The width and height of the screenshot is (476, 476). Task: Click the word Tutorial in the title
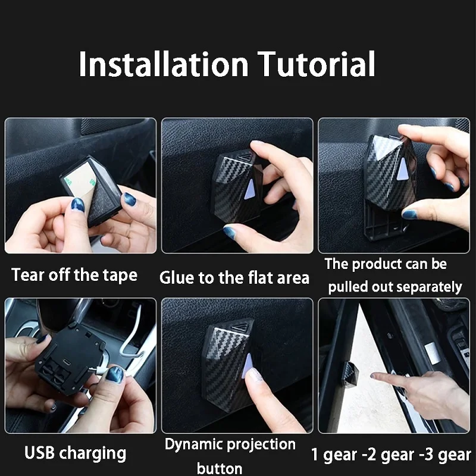315,64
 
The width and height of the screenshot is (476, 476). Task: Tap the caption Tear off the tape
74,275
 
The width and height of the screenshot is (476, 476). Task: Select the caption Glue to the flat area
234,277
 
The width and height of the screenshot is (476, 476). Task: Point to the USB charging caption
76,453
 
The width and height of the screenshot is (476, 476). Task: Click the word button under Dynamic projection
219,468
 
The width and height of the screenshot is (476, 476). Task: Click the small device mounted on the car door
352,371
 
